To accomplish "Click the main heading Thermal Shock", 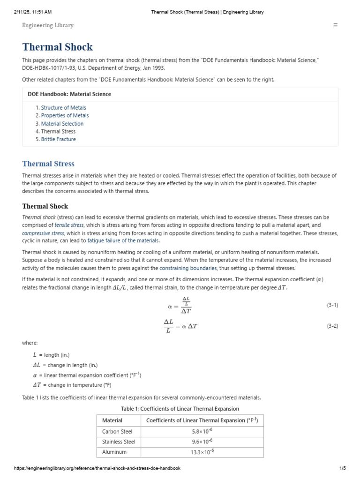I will click(57, 47).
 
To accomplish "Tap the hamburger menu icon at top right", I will click(335, 25).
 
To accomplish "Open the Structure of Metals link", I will click(63, 108).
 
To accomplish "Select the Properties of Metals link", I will click(65, 116).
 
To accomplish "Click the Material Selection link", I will click(62, 124).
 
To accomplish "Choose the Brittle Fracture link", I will click(58, 139).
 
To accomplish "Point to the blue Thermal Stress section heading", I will click(48, 164).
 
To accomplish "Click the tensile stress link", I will click(69, 225).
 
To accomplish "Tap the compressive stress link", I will click(43, 233).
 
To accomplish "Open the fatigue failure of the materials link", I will click(123, 241).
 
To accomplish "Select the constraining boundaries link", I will click(188, 268).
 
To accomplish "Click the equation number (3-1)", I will click(332, 305).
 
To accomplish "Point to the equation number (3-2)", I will click(332, 326).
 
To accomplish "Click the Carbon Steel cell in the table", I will click(117, 431).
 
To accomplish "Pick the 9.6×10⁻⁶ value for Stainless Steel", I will click(202, 442).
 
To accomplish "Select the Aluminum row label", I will click(114, 452).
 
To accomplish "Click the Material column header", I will click(112, 420).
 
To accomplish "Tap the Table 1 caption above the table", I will click(180, 409).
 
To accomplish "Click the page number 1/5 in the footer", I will click(342, 468).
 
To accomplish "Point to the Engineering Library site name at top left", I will click(48, 25).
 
